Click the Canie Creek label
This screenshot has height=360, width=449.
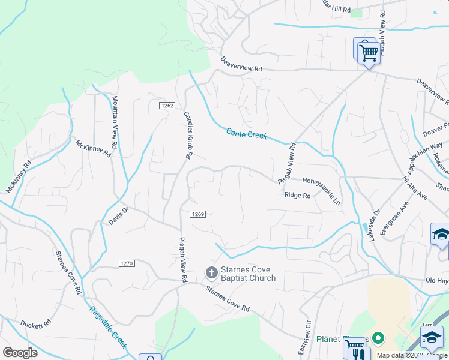[246, 134]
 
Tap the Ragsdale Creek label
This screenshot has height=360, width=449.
[109, 328]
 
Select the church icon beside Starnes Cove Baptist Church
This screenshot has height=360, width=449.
[211, 273]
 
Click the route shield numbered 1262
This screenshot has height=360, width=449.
[167, 106]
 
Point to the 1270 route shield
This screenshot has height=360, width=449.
[126, 263]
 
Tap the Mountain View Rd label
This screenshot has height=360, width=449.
[115, 122]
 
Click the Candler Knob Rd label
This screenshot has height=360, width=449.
[188, 135]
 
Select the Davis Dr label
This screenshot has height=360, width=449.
[119, 215]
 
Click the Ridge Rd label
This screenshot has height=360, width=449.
[297, 195]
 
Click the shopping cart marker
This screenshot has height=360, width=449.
[369, 53]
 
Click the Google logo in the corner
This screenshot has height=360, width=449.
[20, 353]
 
